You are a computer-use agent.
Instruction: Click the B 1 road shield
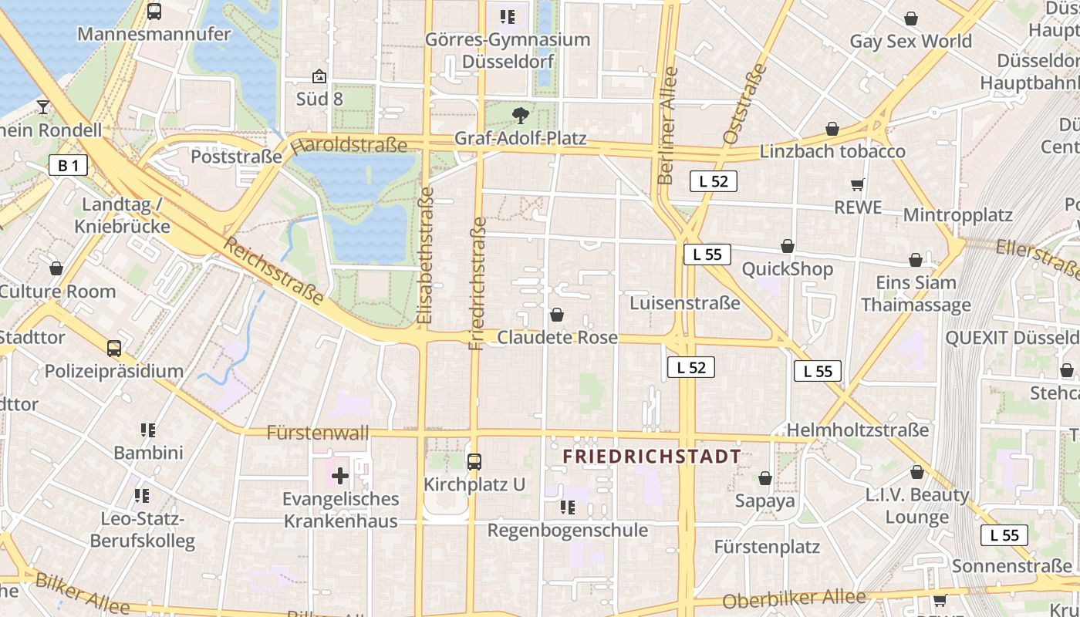pos(68,165)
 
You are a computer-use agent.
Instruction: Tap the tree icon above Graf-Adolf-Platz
pos(521,116)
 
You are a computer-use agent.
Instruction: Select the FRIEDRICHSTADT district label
pos(652,457)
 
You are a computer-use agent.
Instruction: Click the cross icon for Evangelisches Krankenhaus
pos(339,475)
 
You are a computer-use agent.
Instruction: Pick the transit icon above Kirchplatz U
pos(474,462)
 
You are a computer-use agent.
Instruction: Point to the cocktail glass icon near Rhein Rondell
pos(43,107)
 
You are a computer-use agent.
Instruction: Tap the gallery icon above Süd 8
pos(319,76)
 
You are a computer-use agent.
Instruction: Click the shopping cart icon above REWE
pos(857,184)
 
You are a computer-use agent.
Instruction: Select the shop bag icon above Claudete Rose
pos(557,315)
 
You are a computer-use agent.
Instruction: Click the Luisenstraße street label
pos(685,303)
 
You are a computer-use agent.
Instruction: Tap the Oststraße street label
pos(745,104)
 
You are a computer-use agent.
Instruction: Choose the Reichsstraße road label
pos(274,271)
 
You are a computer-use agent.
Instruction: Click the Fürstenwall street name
pos(318,433)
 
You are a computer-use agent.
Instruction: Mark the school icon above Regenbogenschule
pos(568,507)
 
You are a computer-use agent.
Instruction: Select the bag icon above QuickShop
pos(788,246)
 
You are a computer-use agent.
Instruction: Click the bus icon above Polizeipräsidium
pos(114,349)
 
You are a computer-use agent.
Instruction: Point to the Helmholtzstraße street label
pos(858,430)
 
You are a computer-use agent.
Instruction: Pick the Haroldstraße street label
pos(349,145)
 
